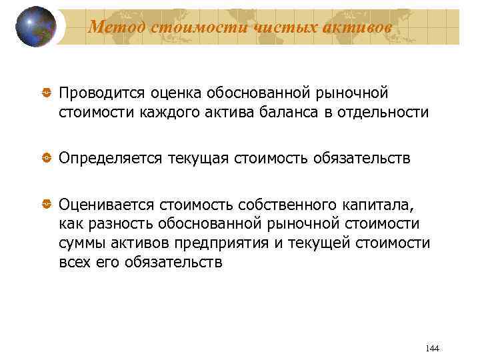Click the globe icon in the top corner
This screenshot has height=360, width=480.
[x=35, y=27]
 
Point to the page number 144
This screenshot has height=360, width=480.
[x=431, y=348]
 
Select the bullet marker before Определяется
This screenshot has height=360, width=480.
[x=46, y=157]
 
